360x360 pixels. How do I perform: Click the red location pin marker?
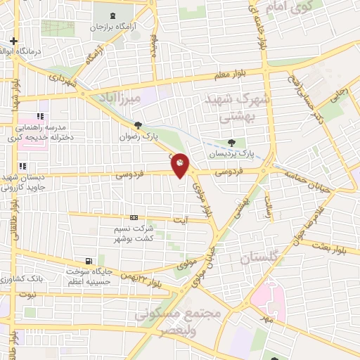pos(180,165)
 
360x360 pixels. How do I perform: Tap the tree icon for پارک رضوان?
pos(138,125)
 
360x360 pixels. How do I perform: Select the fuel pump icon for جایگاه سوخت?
pos(87,261)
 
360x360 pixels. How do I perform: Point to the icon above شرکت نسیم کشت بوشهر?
pos(134,218)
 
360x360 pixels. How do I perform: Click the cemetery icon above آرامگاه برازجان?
pos(113,15)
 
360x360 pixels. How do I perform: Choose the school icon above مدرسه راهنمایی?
pos(40,116)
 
